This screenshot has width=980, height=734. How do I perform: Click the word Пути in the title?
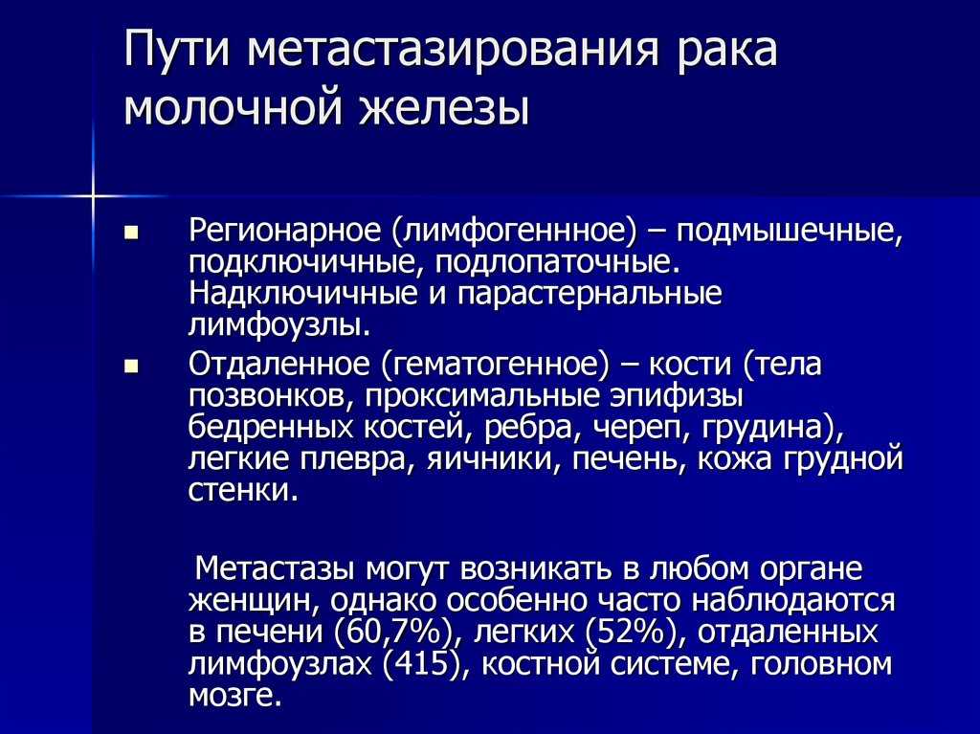click(x=177, y=49)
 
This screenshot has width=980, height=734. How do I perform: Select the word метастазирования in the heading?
click(x=453, y=50)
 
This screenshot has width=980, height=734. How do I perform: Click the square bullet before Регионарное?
click(x=130, y=234)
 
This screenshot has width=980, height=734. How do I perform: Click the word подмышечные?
click(x=790, y=232)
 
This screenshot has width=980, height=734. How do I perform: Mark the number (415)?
click(x=423, y=664)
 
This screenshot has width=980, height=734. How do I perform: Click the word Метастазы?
click(x=275, y=569)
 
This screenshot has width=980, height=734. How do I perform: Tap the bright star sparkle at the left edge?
click(x=92, y=196)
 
